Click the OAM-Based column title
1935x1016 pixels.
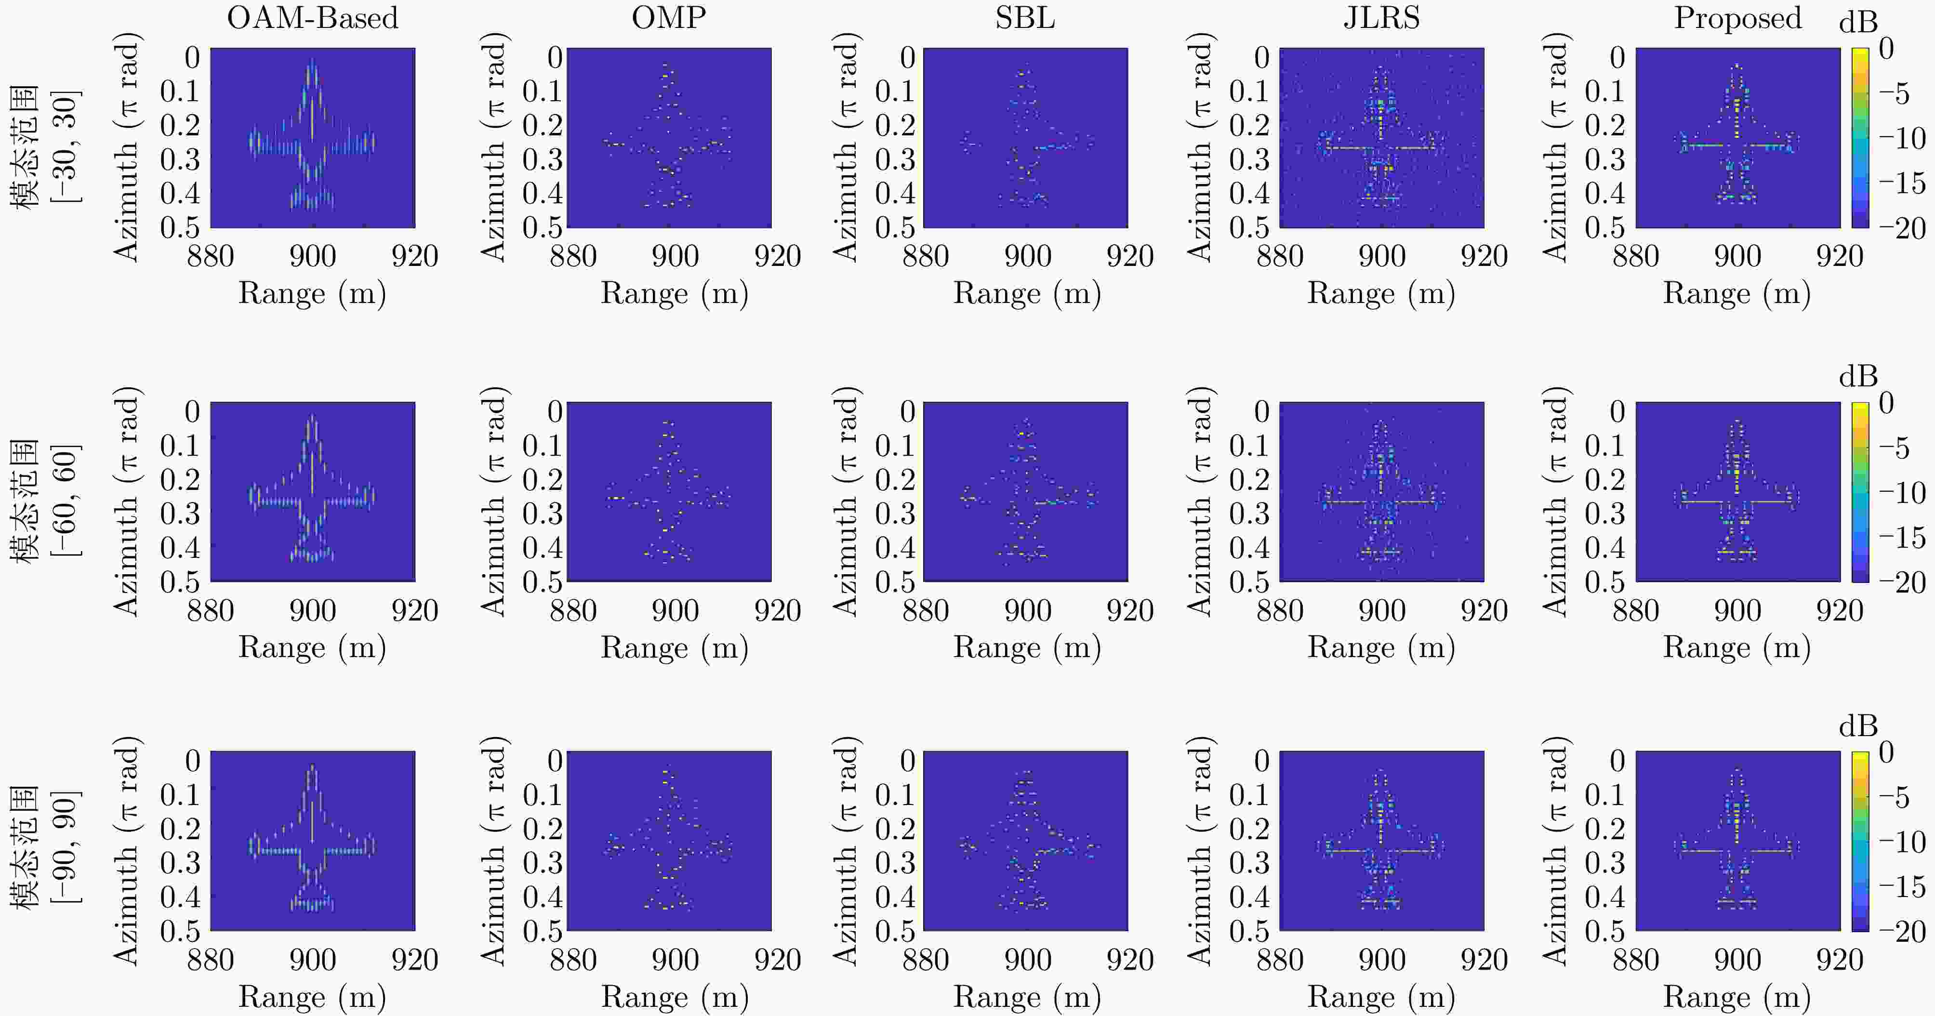pos(313,18)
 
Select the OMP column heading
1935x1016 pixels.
pos(669,18)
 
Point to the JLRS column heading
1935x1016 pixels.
pos(1381,18)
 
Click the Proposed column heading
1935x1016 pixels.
pos(1737,18)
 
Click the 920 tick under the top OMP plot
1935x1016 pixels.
pos(777,257)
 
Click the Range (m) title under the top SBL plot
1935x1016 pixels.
pos(1026,293)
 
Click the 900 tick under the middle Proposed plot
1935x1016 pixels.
pos(1737,610)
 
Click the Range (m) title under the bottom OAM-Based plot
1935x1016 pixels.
pos(313,996)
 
